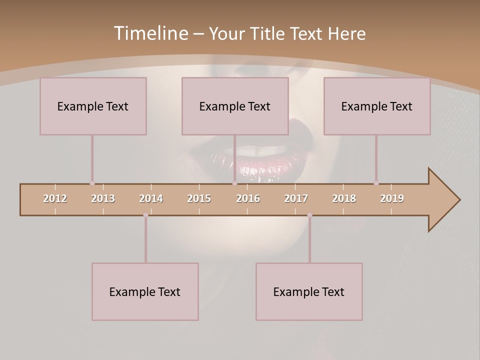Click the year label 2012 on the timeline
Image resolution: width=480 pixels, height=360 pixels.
[x=55, y=198]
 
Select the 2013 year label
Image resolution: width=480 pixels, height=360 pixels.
[x=103, y=198]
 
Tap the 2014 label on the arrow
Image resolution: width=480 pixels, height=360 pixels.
[x=151, y=198]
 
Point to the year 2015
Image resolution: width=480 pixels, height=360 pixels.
[x=199, y=198]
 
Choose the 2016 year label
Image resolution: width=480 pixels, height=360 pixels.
[x=248, y=198]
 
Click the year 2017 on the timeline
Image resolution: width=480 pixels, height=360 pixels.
[x=296, y=198]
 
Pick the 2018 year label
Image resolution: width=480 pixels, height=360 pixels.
[x=344, y=198]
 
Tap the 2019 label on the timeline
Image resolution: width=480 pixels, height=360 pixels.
[x=392, y=198]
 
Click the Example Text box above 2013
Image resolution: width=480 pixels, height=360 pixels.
[x=93, y=106]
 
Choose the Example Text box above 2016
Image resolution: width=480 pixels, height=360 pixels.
[x=235, y=106]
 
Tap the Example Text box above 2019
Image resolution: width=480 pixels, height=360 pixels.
[x=377, y=106]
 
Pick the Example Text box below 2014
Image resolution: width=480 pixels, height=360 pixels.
[x=145, y=291]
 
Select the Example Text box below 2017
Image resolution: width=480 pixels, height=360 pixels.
[x=309, y=291]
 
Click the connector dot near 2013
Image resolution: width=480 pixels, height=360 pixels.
[x=92, y=183]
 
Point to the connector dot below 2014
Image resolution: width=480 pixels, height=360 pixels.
[x=145, y=215]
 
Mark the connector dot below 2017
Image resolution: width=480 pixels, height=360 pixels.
[x=309, y=215]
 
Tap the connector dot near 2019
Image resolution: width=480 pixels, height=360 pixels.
[x=376, y=183]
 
